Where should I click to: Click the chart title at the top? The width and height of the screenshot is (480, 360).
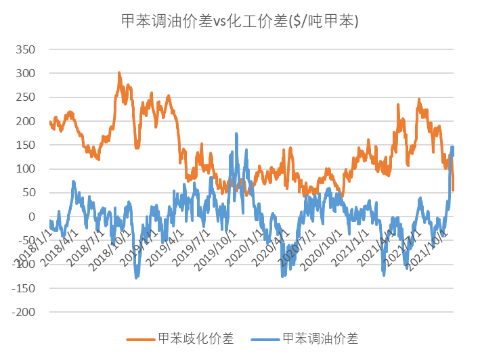240,22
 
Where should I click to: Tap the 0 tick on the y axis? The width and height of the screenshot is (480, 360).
30,217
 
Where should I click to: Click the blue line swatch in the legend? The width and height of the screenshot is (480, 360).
264,338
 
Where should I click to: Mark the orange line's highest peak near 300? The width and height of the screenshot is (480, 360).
119,72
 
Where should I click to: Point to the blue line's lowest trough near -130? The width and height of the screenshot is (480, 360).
136,277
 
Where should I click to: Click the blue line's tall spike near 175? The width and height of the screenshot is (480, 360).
236,133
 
